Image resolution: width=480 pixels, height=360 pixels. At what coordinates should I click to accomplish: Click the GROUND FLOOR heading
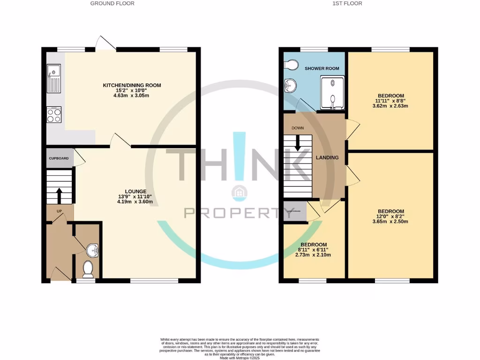coord(112,3)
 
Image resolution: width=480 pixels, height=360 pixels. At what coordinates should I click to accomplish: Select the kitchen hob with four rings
coord(54,114)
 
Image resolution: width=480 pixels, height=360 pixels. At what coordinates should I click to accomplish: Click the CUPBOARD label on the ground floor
coord(59,158)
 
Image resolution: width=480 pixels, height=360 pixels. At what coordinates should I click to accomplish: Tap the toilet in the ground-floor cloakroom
coord(87,269)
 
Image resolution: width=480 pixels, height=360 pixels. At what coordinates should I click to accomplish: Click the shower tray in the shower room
coord(332,93)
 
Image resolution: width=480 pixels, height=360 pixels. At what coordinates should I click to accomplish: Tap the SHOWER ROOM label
coord(322,68)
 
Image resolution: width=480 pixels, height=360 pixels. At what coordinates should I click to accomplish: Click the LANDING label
coord(327,157)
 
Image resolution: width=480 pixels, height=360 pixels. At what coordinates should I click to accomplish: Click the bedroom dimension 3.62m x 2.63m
coord(390,106)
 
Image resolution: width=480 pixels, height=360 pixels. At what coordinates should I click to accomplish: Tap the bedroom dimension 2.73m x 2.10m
coord(313,255)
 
